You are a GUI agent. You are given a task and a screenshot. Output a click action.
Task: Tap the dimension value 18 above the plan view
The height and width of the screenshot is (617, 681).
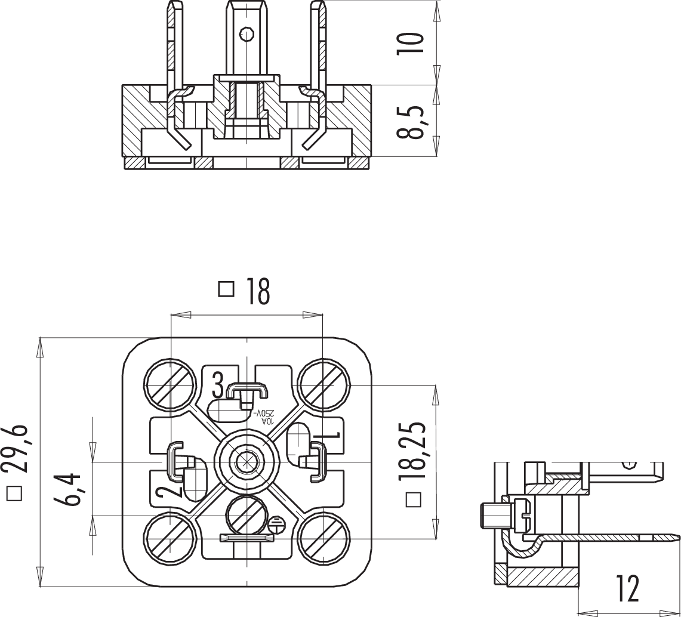(256, 292)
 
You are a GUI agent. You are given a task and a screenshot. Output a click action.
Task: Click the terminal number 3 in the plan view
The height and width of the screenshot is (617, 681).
(218, 385)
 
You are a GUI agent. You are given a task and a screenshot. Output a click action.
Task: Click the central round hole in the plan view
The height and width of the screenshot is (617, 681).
(245, 461)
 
